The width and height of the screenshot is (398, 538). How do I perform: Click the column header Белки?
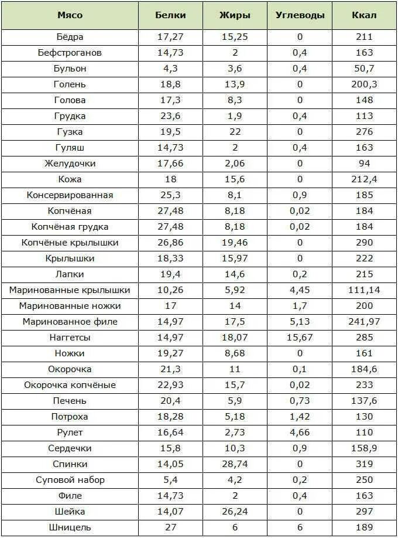pos(170,15)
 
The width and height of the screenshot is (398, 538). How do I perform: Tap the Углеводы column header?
pos(300,15)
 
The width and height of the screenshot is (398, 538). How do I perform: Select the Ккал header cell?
pos(364,15)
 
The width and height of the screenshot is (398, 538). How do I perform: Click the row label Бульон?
pos(70,69)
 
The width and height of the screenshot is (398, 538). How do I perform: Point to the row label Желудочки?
pos(70,164)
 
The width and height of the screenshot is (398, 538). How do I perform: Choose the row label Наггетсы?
pos(70,338)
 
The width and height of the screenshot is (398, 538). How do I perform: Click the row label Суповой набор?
pos(70,480)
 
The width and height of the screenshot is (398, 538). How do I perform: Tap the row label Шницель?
pos(70,527)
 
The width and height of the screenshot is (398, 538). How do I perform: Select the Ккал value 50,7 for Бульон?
pos(364,69)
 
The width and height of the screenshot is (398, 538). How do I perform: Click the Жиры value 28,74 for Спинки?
pos(235,464)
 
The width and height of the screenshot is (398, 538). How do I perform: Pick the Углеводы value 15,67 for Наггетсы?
pos(300,338)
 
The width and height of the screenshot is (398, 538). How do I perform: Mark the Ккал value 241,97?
pos(364,322)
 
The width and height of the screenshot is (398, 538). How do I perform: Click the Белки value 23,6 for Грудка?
pos(170,116)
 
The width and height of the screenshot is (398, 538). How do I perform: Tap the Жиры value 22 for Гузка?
pos(235,132)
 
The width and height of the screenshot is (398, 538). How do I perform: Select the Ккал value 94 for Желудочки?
pos(364,164)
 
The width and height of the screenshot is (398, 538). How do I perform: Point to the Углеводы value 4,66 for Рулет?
pos(300,433)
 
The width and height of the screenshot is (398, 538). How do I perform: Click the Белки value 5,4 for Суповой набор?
pos(170,480)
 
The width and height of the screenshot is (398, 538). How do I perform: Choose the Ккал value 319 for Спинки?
pos(364,464)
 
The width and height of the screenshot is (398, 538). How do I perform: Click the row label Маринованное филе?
pos(70,322)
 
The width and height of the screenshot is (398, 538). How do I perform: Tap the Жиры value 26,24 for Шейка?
pos(235,512)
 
